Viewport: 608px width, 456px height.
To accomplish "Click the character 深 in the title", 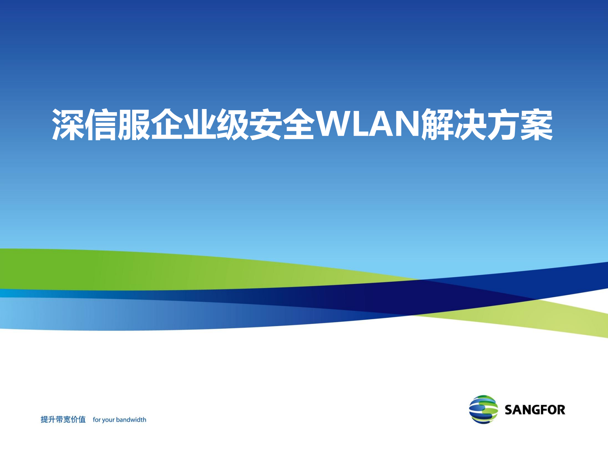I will [x=68, y=125].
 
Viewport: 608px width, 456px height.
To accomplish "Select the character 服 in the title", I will [x=134, y=125].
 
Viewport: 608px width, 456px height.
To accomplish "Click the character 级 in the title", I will [x=233, y=125].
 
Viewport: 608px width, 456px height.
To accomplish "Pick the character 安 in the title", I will [x=266, y=125].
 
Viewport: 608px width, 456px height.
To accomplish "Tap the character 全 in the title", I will [x=299, y=125].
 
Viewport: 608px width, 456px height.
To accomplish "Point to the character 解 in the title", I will [x=438, y=125].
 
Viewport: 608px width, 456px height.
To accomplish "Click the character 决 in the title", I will [x=471, y=125].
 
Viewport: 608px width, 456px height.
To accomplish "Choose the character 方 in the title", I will [x=504, y=125].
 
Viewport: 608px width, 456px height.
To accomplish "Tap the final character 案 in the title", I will [x=537, y=125].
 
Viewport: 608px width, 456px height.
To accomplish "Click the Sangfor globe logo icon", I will [x=483, y=409].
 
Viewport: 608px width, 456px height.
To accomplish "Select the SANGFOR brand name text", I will [x=535, y=410].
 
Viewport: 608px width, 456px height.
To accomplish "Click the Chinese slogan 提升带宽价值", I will [x=63, y=420].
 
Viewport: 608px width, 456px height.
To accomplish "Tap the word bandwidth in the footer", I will [x=131, y=420].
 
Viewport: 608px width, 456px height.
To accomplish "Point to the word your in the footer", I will [x=108, y=420].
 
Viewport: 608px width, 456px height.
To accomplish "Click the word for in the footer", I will [x=96, y=420].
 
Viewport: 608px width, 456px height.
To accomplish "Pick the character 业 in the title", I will [x=200, y=125].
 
